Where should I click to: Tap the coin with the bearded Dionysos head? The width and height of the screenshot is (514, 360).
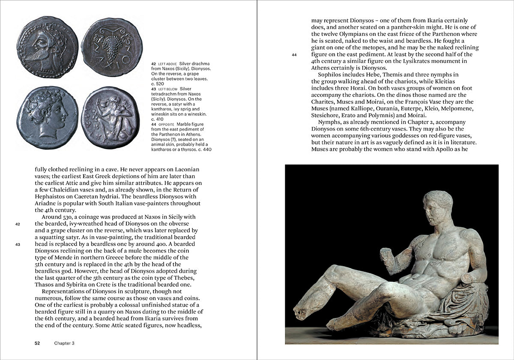[47, 47]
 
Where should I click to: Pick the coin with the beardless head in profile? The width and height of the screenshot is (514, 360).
[47, 117]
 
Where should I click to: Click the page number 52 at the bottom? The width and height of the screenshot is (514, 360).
[37, 343]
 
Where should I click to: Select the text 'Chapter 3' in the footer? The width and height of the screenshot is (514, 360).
[65, 343]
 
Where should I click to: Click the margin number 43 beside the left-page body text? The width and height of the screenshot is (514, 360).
[18, 245]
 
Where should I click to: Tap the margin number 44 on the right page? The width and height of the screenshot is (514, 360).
[294, 55]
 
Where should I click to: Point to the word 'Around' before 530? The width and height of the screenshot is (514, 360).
[57, 217]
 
